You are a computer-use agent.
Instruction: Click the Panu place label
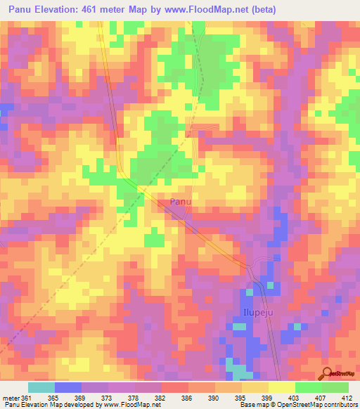pyautogui.click(x=181, y=202)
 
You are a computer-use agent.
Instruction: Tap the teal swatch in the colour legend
pyautogui.click(x=41, y=387)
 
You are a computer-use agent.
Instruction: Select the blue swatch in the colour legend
pyautogui.click(x=68, y=387)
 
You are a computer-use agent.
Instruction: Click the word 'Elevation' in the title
pyautogui.click(x=58, y=10)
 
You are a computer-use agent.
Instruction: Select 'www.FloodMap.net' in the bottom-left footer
pyautogui.click(x=128, y=405)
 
